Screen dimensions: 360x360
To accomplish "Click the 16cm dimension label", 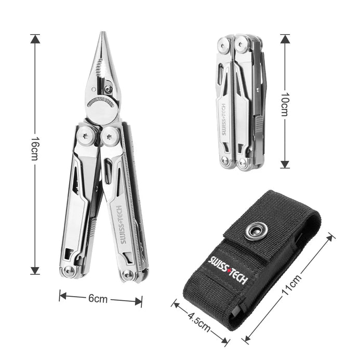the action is (35, 149).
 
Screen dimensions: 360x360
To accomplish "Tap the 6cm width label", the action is (98, 299).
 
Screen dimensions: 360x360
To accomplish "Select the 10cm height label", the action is (285, 104).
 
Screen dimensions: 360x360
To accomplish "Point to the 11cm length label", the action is (291, 285).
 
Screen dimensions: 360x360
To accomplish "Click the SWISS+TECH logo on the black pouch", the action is (228, 270).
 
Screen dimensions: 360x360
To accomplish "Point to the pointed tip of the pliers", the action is (103, 32).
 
